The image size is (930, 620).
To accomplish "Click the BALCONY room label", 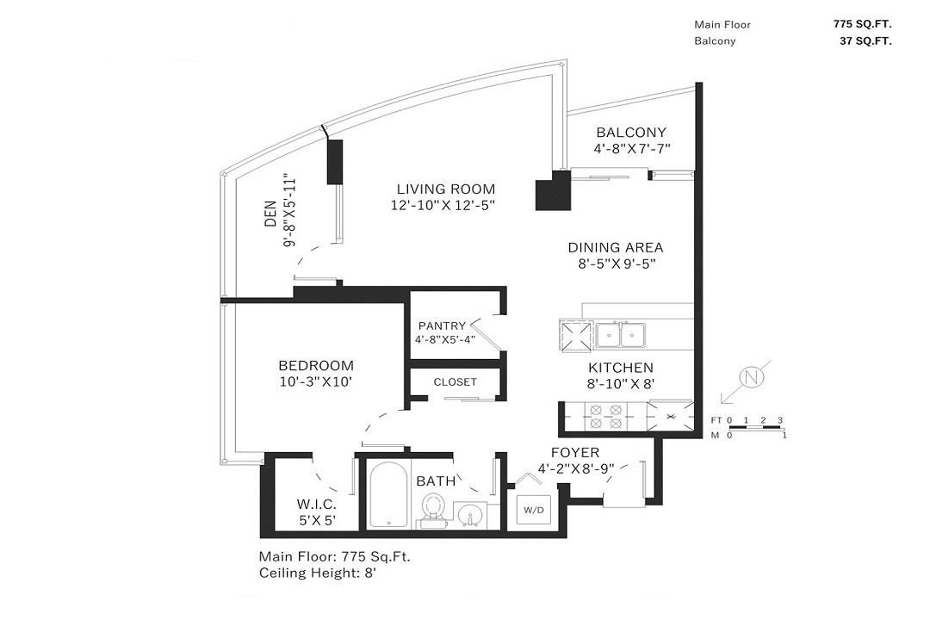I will click(x=631, y=133).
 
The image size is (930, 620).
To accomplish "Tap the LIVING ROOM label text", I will click(x=445, y=189).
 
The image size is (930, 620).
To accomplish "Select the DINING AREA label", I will click(x=615, y=248).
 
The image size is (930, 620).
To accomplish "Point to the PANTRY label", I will click(x=442, y=325).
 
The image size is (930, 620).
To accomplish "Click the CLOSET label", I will click(x=455, y=381).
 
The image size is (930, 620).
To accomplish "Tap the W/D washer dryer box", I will click(x=532, y=510).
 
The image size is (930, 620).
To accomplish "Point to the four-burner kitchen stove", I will click(x=604, y=416).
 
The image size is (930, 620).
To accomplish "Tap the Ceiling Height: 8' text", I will click(x=318, y=572).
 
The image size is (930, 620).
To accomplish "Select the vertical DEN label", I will click(x=269, y=223).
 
